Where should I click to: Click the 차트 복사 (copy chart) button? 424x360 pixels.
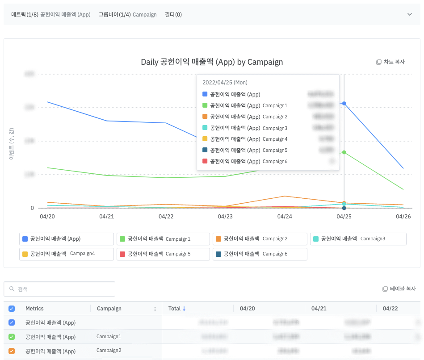click(x=390, y=62)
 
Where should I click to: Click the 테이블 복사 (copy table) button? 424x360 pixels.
click(x=399, y=289)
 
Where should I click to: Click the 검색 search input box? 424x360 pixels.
click(x=59, y=289)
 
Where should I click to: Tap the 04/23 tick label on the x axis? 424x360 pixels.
click(x=225, y=217)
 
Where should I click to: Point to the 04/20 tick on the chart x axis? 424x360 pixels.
click(x=47, y=217)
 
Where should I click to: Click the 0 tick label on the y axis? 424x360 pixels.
click(x=32, y=208)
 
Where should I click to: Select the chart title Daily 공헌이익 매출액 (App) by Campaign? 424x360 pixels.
click(x=212, y=62)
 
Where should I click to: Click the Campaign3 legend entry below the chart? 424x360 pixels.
click(x=358, y=239)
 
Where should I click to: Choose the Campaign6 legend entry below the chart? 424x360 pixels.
click(x=260, y=254)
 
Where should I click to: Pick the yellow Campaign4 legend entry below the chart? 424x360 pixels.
click(x=66, y=254)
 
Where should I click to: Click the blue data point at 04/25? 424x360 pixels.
click(x=344, y=103)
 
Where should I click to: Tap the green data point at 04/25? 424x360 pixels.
click(x=344, y=152)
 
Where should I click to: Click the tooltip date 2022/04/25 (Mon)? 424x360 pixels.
click(x=225, y=83)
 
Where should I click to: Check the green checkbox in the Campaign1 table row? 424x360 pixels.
click(x=12, y=337)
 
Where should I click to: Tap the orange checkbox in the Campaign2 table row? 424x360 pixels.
click(x=12, y=351)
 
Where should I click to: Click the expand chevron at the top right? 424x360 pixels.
click(x=410, y=15)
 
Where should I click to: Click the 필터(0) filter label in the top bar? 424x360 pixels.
click(x=173, y=15)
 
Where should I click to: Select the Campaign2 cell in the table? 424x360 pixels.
click(x=109, y=351)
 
